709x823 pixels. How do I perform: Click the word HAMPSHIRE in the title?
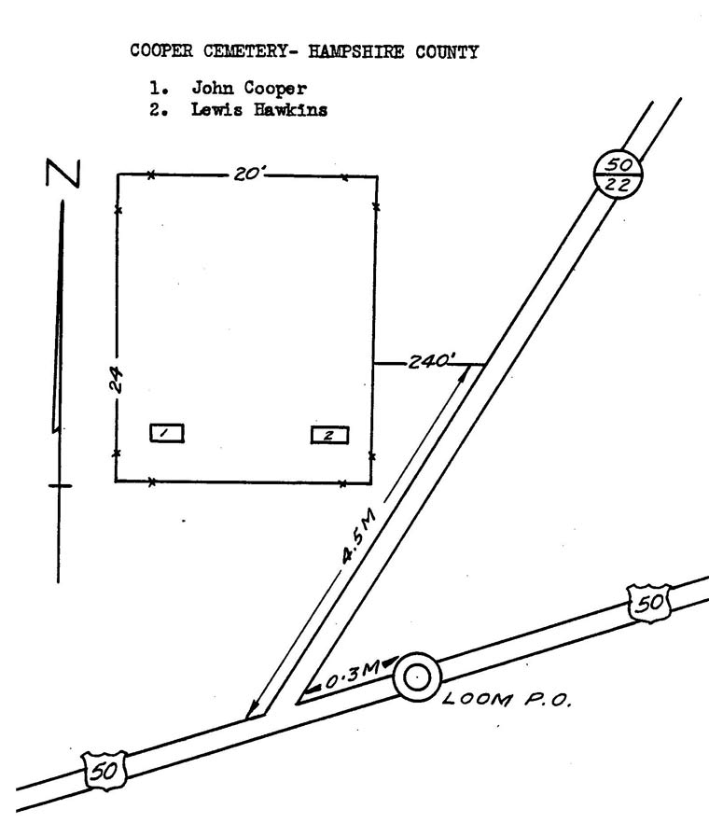pos(355,51)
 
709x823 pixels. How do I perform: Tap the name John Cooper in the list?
pos(249,88)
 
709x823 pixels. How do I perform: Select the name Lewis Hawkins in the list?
pos(259,110)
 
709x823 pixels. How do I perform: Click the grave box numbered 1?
pos(167,433)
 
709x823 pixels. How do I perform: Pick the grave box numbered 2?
pos(329,435)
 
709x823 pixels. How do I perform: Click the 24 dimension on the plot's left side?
pos(117,379)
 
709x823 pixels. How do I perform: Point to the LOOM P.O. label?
pos(507,699)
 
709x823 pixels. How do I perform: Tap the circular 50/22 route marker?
pos(619,174)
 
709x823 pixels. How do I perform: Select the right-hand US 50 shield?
pos(649,603)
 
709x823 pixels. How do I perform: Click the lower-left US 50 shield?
pos(104,770)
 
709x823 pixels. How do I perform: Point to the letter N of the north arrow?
pos(63,173)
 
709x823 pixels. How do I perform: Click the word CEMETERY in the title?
pos(245,51)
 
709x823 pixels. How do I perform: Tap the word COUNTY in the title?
pos(447,52)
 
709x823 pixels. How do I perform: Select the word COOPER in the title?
pos(161,50)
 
